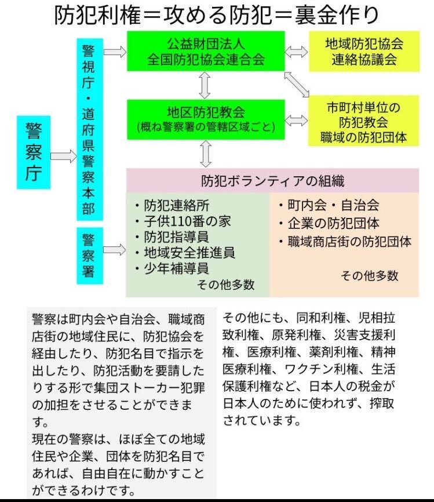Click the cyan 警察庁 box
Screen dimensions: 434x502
34,152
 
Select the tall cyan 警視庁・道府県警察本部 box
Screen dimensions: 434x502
90,130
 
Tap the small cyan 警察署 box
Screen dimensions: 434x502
90,256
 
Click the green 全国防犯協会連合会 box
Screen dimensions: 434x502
206,51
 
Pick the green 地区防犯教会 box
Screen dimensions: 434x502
206,120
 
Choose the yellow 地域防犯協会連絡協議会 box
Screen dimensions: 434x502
364,51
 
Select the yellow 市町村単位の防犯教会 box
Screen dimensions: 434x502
363,121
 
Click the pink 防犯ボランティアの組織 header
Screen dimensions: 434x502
273,180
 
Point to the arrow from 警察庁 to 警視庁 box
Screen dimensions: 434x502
64,157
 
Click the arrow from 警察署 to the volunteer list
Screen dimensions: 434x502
115,249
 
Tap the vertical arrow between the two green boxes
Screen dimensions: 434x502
205,85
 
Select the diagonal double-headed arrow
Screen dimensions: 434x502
297,84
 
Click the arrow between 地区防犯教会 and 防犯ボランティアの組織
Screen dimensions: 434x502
206,154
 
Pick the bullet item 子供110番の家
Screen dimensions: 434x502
183,221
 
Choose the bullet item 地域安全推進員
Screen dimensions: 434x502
185,253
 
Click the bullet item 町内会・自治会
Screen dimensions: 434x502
329,205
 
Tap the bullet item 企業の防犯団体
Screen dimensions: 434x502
329,223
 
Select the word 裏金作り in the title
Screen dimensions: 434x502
337,15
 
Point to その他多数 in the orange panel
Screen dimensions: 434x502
369,275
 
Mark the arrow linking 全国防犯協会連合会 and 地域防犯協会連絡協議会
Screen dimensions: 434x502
296,52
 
